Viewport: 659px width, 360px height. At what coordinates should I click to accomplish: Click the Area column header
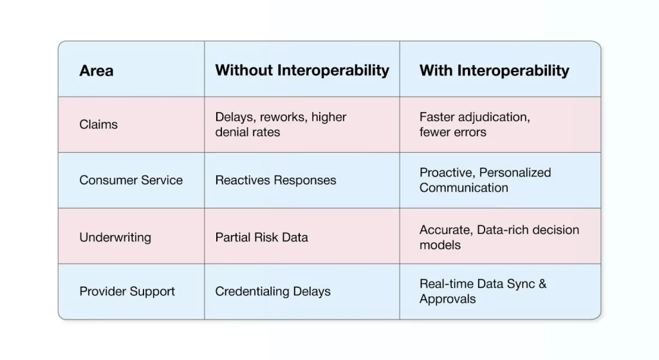pyautogui.click(x=96, y=70)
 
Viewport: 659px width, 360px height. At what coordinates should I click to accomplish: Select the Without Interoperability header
pyautogui.click(x=302, y=70)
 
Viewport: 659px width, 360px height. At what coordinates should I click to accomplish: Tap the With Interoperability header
pyautogui.click(x=494, y=70)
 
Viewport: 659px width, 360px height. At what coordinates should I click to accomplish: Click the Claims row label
pyautogui.click(x=98, y=124)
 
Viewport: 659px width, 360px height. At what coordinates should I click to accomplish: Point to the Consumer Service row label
pyautogui.click(x=131, y=180)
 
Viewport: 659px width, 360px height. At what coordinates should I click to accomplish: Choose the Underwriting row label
pyautogui.click(x=115, y=237)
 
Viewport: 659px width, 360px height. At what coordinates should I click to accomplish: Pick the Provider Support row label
pyautogui.click(x=127, y=291)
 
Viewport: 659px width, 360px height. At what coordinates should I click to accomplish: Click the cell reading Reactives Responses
pyautogui.click(x=275, y=180)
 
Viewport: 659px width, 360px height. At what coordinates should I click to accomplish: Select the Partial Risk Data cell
pyautogui.click(x=261, y=237)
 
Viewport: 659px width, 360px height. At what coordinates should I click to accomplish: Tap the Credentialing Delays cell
pyautogui.click(x=272, y=291)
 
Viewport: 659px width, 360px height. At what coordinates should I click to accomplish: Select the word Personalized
pyautogui.click(x=515, y=173)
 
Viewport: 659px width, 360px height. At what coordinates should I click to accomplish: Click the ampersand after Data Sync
pyautogui.click(x=542, y=283)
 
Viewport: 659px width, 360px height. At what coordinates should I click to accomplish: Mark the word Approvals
pyautogui.click(x=448, y=299)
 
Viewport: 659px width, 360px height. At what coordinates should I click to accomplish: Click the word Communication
pyautogui.click(x=463, y=188)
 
